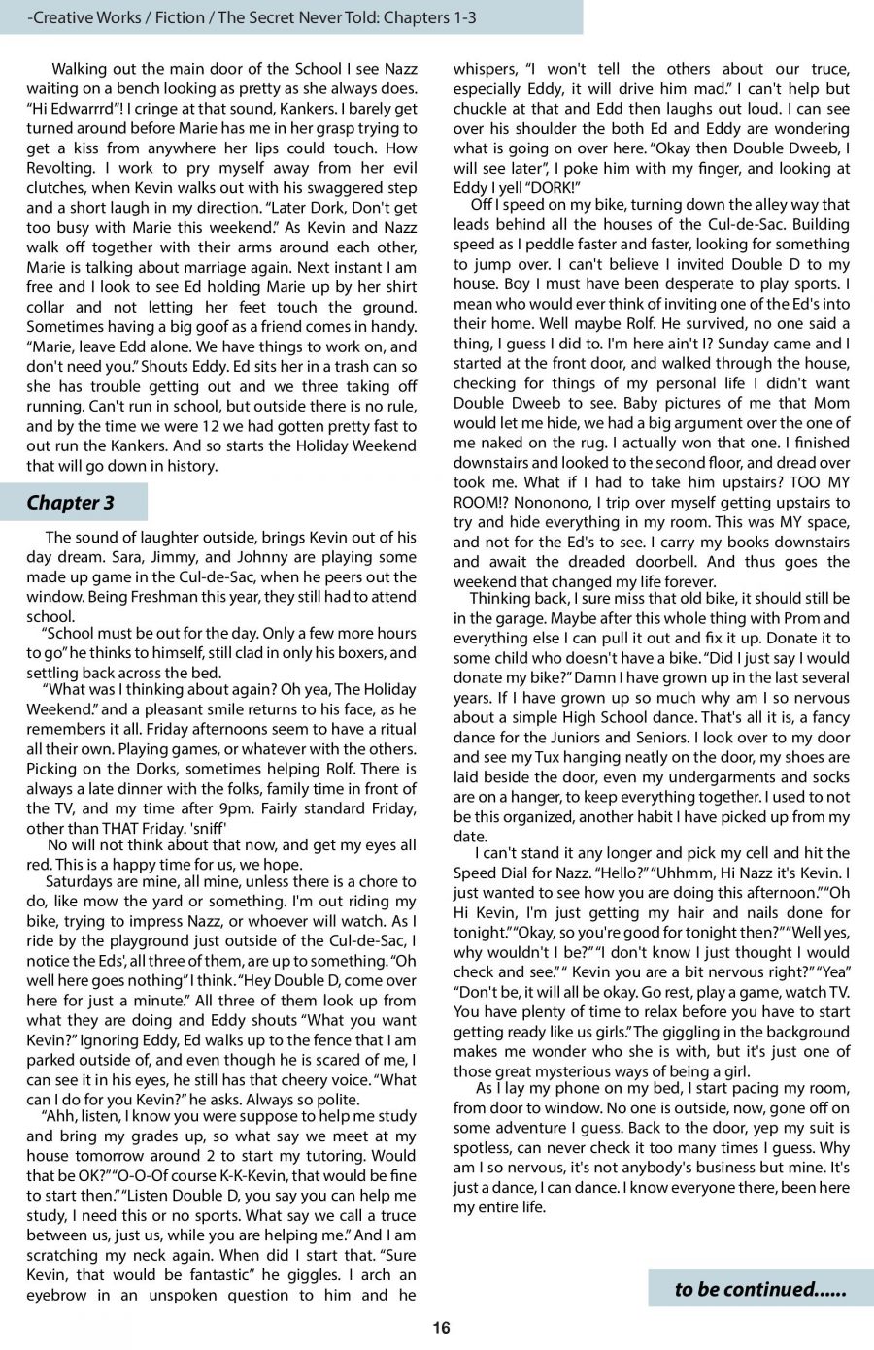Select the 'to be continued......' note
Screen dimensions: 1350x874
tap(759, 1289)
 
